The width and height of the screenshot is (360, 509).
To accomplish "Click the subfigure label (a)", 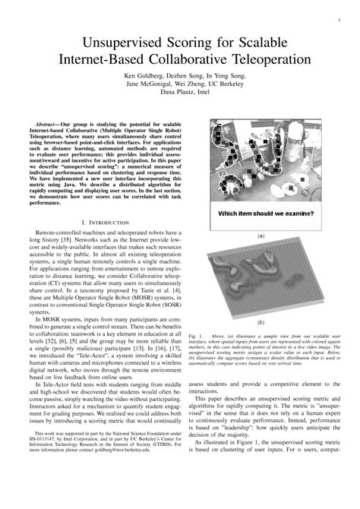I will pyautogui.click(x=261, y=236).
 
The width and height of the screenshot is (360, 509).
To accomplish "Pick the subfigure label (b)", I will pyautogui.click(x=261, y=322).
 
